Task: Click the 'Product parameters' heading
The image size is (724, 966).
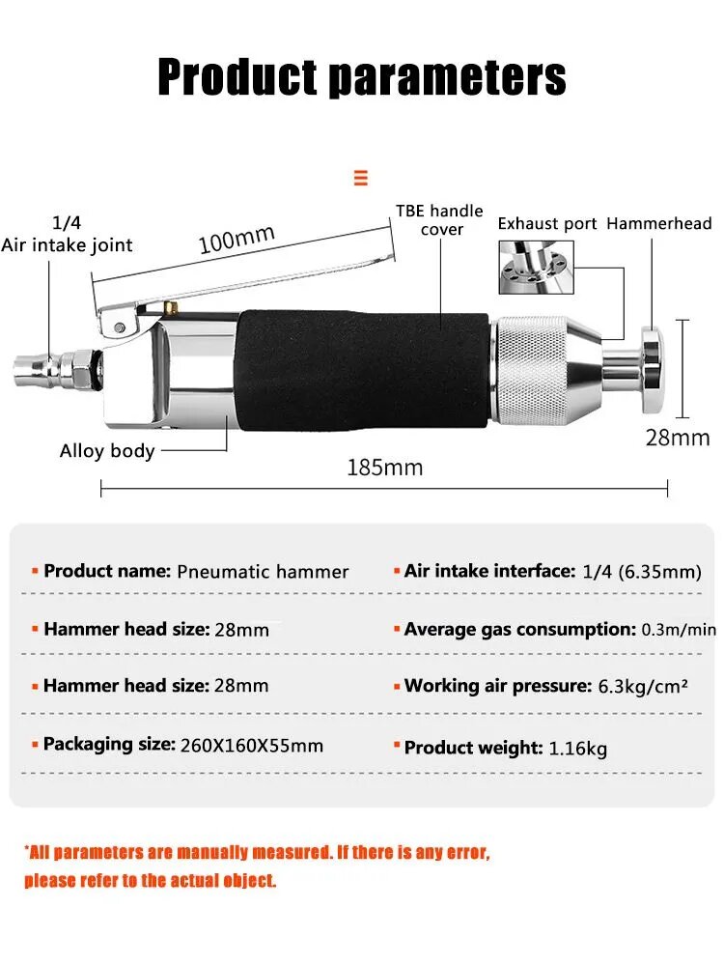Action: coord(362,77)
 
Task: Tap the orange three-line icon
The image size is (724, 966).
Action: coord(361,178)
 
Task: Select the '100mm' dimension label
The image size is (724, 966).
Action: coord(237,239)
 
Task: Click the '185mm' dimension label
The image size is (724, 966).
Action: coord(385,468)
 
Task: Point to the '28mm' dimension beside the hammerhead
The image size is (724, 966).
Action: coord(678,438)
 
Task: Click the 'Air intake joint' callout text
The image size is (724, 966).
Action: coord(67,245)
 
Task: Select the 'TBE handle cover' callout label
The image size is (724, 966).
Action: coord(439,220)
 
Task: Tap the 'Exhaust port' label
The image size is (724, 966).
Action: coord(547,224)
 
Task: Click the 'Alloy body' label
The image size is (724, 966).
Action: coord(107,451)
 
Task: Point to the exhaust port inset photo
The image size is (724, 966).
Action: coord(536,267)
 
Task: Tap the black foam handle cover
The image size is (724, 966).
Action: coord(363,370)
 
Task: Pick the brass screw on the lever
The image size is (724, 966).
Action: coord(170,306)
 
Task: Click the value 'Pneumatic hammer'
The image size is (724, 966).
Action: coord(263,572)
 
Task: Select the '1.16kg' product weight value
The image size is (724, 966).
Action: coord(577,749)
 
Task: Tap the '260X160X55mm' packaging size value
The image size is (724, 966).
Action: coord(252,746)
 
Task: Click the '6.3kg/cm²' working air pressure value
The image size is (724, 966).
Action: coord(643,686)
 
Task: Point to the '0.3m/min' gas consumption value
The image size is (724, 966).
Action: coord(679,630)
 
